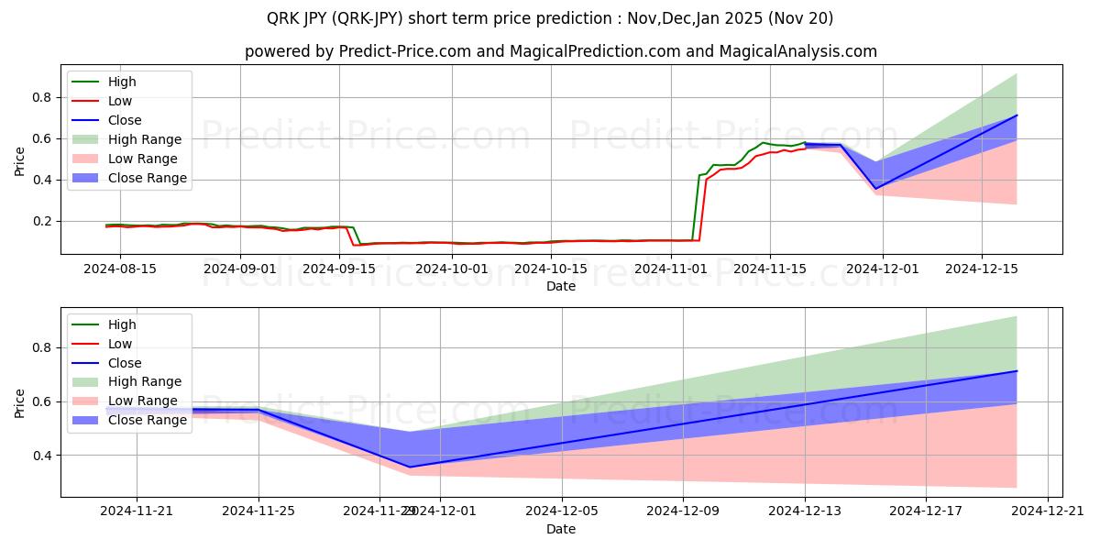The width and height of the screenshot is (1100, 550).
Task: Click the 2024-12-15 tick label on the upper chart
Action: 982,269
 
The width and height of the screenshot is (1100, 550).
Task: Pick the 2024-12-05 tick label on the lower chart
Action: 561,511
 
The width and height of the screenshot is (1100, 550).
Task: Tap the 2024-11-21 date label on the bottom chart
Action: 137,511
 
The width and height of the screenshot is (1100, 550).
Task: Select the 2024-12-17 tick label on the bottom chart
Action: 926,511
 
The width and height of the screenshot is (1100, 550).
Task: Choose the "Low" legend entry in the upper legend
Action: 119,101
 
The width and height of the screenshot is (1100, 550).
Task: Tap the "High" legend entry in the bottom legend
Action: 121,324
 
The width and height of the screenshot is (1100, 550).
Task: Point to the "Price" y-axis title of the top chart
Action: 19,161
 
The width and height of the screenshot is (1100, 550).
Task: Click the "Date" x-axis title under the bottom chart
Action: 561,529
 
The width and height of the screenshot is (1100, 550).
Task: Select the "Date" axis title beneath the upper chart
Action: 561,286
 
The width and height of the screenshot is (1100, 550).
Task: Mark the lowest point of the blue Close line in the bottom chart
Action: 410,467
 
